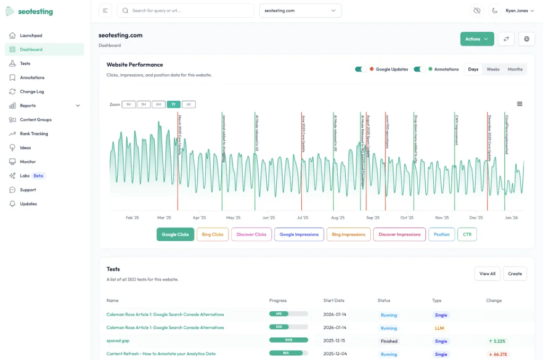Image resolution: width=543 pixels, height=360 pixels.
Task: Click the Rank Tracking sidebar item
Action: pyautogui.click(x=34, y=134)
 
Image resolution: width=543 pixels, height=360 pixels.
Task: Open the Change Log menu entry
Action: pyautogui.click(x=32, y=92)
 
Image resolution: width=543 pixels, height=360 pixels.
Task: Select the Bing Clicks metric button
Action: pyautogui.click(x=213, y=234)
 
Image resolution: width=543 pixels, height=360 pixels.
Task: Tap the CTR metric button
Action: pyautogui.click(x=467, y=234)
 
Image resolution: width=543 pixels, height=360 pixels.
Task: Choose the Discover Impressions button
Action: pyautogui.click(x=400, y=234)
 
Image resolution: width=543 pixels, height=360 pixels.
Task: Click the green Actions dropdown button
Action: pyautogui.click(x=477, y=39)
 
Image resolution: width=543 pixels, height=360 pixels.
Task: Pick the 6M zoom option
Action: pyautogui.click(x=159, y=104)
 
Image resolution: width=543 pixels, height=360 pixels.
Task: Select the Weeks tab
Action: pyautogui.click(x=493, y=69)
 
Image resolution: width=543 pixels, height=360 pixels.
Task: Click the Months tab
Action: pyautogui.click(x=515, y=69)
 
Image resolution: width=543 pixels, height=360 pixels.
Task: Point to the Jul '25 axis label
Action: pyautogui.click(x=303, y=217)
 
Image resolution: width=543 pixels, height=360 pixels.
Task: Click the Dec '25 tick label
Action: pyautogui.click(x=476, y=217)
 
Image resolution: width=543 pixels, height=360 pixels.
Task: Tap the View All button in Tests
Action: pyautogui.click(x=487, y=274)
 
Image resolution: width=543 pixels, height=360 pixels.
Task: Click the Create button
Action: pyautogui.click(x=515, y=274)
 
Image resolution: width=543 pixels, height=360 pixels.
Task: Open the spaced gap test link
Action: pyautogui.click(x=118, y=341)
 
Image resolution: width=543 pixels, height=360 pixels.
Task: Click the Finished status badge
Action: pyautogui.click(x=389, y=341)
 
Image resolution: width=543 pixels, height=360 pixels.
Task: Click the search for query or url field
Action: pyautogui.click(x=186, y=11)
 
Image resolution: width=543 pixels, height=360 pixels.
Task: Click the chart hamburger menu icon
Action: pyautogui.click(x=520, y=104)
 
